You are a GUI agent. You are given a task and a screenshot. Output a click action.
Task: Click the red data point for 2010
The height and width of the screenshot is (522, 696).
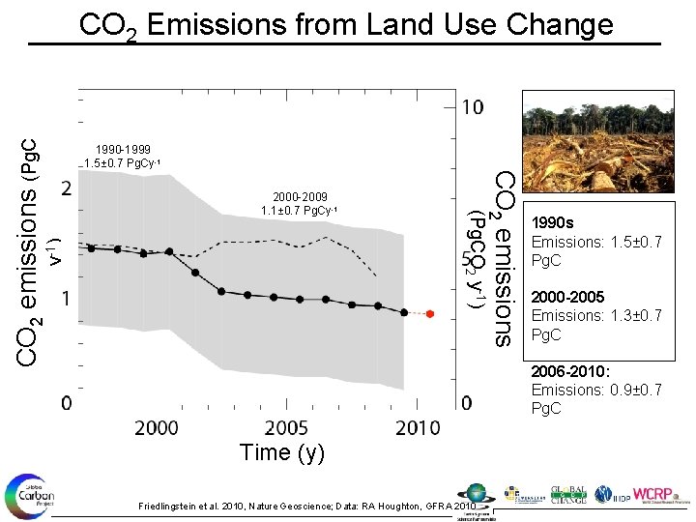(430, 313)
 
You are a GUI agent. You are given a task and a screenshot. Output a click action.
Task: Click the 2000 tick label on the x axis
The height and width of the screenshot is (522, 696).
(156, 426)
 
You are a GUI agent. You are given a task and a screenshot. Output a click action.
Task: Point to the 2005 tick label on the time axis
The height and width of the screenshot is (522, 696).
(287, 426)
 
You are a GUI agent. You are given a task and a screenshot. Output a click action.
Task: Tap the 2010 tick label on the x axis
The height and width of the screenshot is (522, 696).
(417, 426)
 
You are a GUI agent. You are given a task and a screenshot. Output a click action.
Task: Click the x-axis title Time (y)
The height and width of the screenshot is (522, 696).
(282, 452)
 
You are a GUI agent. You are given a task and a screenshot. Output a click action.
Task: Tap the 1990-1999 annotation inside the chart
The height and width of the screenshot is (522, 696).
(116, 149)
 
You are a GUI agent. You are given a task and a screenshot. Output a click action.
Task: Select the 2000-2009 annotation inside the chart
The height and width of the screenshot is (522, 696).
(299, 195)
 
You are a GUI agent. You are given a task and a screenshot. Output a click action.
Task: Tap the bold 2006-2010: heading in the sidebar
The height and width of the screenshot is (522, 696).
(570, 372)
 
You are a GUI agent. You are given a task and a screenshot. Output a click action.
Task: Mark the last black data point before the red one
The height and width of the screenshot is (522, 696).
(404, 312)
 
